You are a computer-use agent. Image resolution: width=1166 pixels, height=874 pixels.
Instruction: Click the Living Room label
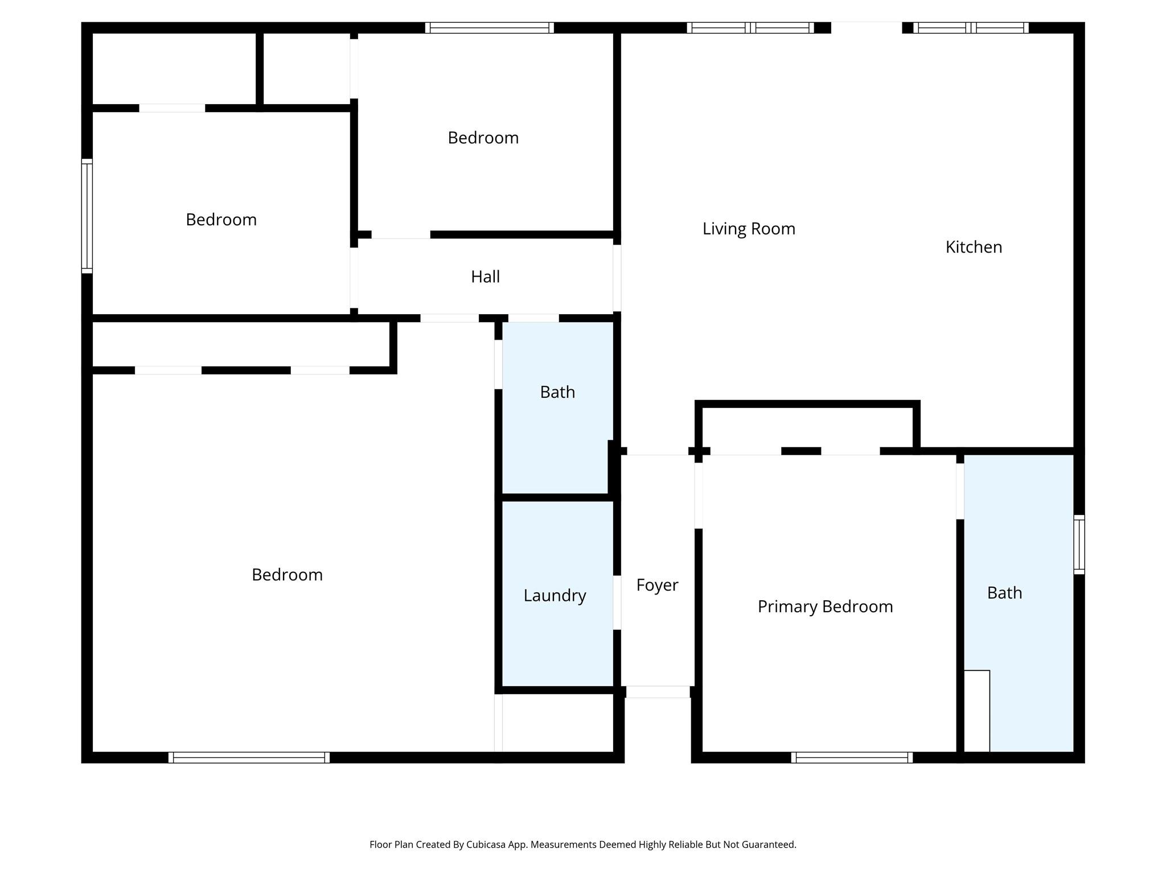(x=748, y=229)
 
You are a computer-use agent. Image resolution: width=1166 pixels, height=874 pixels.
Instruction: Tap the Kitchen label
(x=973, y=247)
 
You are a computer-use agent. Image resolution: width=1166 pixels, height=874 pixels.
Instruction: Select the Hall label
(x=485, y=277)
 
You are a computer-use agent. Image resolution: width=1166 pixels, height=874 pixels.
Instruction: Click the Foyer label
(x=657, y=585)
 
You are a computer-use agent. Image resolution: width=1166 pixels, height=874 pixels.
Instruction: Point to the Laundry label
(x=555, y=596)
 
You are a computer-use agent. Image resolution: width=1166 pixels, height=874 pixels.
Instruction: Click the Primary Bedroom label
(x=824, y=607)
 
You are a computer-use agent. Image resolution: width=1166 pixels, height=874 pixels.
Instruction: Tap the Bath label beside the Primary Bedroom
(x=1004, y=593)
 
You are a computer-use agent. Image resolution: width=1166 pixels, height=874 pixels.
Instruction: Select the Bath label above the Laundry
(x=557, y=392)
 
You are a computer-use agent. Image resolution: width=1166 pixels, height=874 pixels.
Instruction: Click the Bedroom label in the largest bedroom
(x=287, y=575)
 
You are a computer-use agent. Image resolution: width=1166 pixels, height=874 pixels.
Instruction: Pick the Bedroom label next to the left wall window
(x=221, y=220)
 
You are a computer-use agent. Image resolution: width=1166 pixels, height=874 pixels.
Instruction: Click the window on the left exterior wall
(x=87, y=216)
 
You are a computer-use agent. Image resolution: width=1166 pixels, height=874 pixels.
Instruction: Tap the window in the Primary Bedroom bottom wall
(x=852, y=757)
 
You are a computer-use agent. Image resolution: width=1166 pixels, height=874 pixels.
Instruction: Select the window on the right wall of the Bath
(x=1079, y=545)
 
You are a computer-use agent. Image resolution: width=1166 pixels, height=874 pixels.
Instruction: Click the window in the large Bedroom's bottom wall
(x=249, y=757)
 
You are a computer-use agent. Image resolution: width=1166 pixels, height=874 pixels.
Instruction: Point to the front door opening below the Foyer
(x=658, y=692)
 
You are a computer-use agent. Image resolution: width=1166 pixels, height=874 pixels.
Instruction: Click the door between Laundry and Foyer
(x=617, y=603)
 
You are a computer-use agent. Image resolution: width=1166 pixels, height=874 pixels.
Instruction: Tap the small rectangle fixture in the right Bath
(x=976, y=711)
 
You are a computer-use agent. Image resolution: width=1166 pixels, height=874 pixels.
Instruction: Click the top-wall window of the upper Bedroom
(x=489, y=28)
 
